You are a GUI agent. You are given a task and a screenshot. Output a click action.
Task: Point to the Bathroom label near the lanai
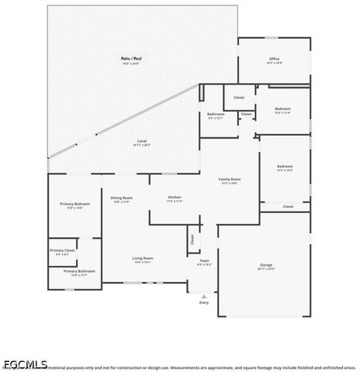coord(216,114)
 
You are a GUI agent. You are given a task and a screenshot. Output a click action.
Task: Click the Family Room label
coord(230,179)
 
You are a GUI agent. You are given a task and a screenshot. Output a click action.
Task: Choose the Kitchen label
coord(175,198)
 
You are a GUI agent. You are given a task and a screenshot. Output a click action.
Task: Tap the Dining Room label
coord(122,198)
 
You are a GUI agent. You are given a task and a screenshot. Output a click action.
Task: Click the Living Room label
coord(143,258)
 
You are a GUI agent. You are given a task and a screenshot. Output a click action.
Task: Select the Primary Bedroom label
coord(74,204)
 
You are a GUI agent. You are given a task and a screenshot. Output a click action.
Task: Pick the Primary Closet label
coord(63,250)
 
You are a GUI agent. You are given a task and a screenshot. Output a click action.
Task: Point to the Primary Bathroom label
coord(79,271)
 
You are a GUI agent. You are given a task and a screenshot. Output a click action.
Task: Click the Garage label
coord(265,265)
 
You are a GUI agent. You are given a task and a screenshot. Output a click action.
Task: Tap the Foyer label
coord(204,261)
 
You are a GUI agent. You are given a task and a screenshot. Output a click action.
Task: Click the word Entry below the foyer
coord(204,302)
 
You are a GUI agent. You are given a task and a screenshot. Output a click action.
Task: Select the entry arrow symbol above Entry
coord(204,295)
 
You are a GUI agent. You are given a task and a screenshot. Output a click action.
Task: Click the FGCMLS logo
coord(26,363)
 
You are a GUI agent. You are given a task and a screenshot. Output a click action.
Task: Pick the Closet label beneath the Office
coord(239,98)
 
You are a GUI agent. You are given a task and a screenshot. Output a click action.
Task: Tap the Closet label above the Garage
coord(288,206)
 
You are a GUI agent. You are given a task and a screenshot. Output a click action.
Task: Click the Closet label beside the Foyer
coord(192,239)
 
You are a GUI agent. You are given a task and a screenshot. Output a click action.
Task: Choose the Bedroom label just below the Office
coord(282,108)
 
